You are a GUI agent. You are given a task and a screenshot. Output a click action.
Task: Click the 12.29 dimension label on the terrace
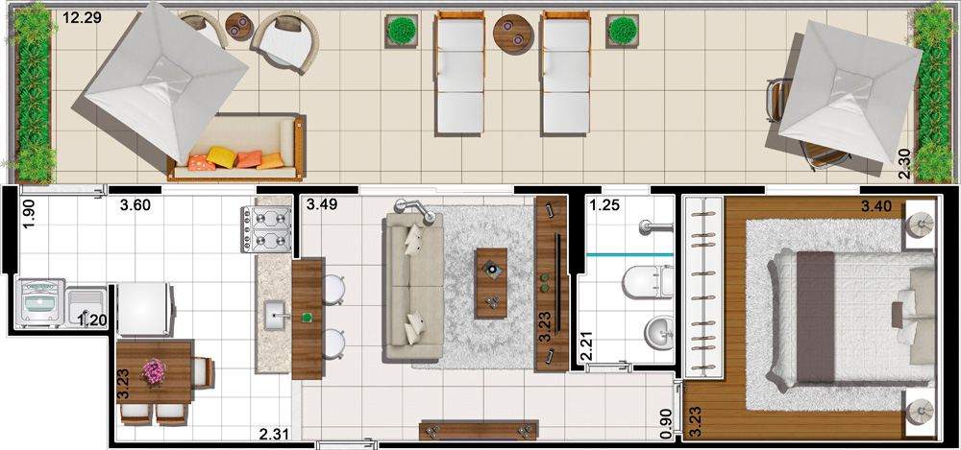pos(82,18)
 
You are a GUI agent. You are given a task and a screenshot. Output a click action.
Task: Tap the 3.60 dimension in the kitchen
pos(135,205)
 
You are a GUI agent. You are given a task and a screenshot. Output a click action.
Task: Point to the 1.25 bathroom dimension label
pos(604,205)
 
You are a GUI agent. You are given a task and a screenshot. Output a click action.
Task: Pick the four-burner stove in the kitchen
pos(267,229)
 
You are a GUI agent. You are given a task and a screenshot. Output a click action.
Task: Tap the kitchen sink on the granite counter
pos(275,315)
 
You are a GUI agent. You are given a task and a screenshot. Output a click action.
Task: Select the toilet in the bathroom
pos(647,282)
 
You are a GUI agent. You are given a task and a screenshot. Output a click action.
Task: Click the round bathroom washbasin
pos(659,332)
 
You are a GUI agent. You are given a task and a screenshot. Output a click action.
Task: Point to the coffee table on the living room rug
pos(491,283)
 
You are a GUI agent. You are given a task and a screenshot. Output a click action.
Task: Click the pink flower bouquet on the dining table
pos(154,371)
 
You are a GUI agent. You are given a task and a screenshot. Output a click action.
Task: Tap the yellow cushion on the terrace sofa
pos(221,157)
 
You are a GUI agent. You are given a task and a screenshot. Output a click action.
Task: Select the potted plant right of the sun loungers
pos(623,31)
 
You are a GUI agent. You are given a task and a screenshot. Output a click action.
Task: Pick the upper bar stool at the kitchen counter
pos(333,290)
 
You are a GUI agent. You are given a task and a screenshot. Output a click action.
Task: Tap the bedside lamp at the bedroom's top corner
pos(920,225)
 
